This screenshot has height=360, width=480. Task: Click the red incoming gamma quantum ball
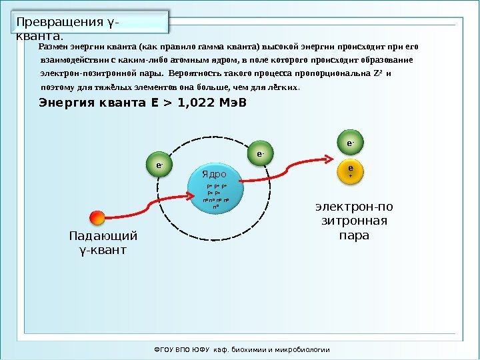[x=97, y=218]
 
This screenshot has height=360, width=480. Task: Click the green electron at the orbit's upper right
[x=261, y=155]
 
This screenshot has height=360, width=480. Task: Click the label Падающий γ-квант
[x=103, y=243]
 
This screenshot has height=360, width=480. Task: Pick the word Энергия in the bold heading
[x=65, y=104]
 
